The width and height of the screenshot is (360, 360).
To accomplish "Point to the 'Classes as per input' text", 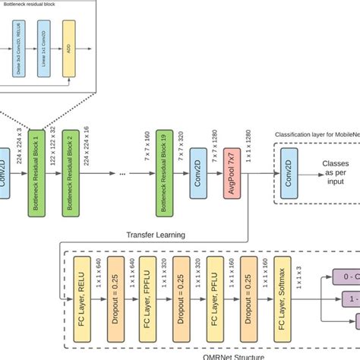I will pos(335,172).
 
